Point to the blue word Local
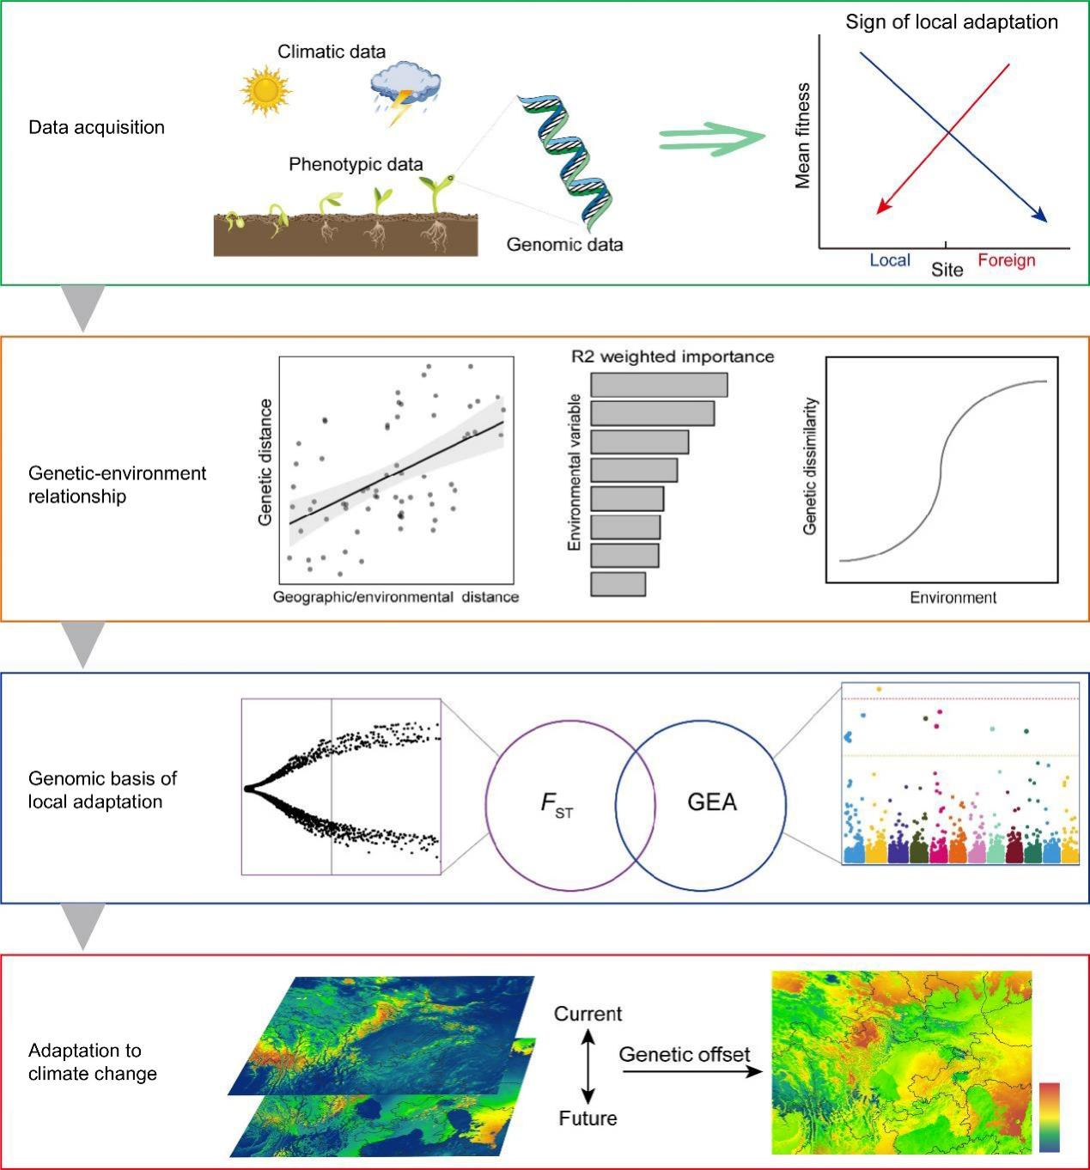pyautogui.click(x=890, y=260)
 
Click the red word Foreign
pyautogui.click(x=1007, y=260)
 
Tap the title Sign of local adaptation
pyautogui.click(x=952, y=22)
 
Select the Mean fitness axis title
pyautogui.click(x=803, y=136)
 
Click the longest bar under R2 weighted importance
pyautogui.click(x=659, y=385)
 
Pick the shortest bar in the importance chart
pyautogui.click(x=618, y=584)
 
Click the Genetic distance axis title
pyautogui.click(x=265, y=462)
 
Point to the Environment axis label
pyautogui.click(x=953, y=598)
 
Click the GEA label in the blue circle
pyautogui.click(x=712, y=802)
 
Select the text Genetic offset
pyautogui.click(x=685, y=1054)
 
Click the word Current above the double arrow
pyautogui.click(x=588, y=1014)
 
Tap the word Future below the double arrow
pyautogui.click(x=588, y=1118)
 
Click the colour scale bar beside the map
pyautogui.click(x=1049, y=1117)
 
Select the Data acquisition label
pyautogui.click(x=96, y=127)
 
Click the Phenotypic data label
pyautogui.click(x=356, y=164)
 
